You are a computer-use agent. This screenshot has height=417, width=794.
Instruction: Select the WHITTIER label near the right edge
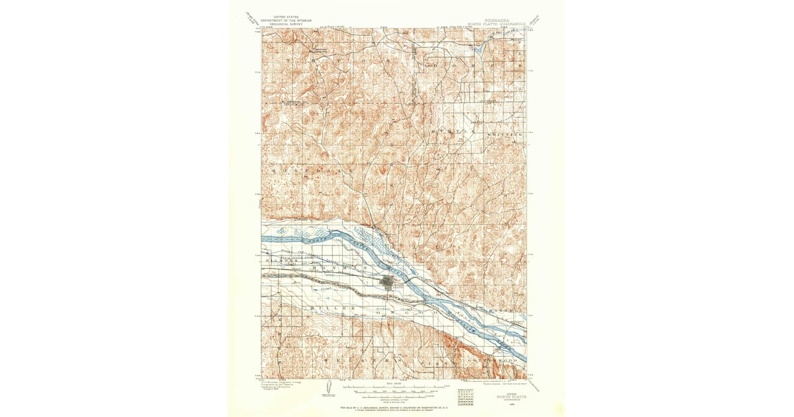[506, 134]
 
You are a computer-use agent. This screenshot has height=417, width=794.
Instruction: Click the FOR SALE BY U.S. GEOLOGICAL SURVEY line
[397, 407]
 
